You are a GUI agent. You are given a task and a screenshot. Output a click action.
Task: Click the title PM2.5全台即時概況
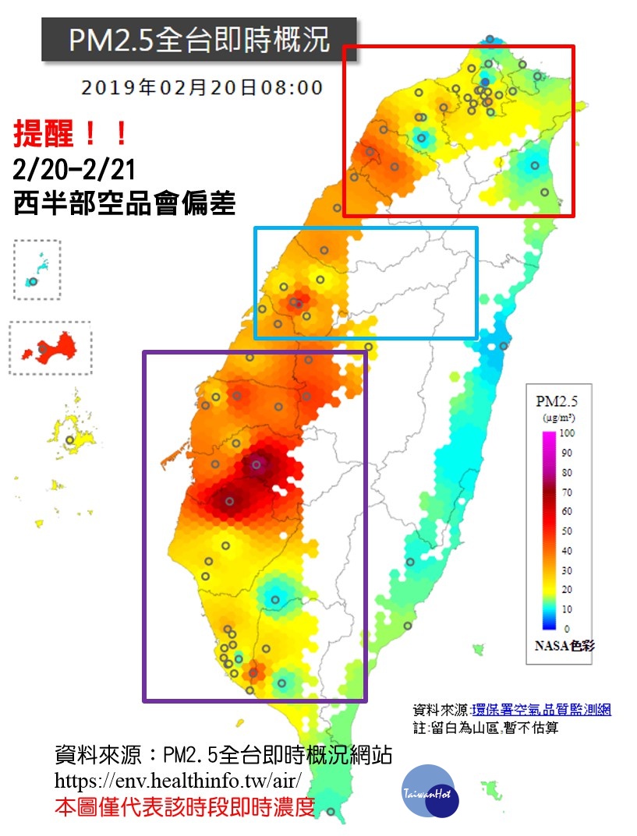coord(199,39)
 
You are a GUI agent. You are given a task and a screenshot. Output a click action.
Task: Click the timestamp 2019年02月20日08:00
coord(202,87)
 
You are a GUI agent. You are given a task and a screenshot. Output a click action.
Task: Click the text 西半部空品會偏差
coord(125,204)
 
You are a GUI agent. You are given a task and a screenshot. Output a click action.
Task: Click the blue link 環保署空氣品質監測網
coord(541,710)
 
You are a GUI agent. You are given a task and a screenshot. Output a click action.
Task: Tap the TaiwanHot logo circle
coord(431,792)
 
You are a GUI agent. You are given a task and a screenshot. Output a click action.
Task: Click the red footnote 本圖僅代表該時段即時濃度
coord(184,807)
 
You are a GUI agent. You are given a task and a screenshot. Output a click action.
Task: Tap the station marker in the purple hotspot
coord(257,465)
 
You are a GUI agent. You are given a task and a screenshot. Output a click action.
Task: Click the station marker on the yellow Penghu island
coord(70,440)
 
